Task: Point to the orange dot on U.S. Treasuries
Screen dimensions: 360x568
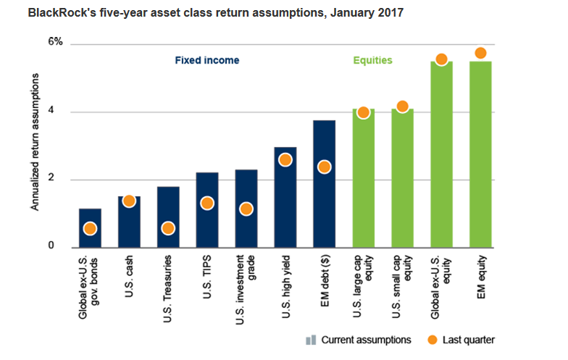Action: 168,228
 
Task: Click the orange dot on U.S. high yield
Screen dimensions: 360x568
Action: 285,160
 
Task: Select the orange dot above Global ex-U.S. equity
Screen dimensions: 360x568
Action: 440,59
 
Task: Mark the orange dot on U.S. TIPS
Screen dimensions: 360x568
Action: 207,204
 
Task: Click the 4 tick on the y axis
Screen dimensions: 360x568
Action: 60,112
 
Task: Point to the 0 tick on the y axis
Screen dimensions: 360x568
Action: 60,247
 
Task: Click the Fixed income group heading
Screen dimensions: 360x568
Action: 206,61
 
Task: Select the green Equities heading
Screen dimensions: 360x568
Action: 372,61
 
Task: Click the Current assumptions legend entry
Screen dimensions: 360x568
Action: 359,340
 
